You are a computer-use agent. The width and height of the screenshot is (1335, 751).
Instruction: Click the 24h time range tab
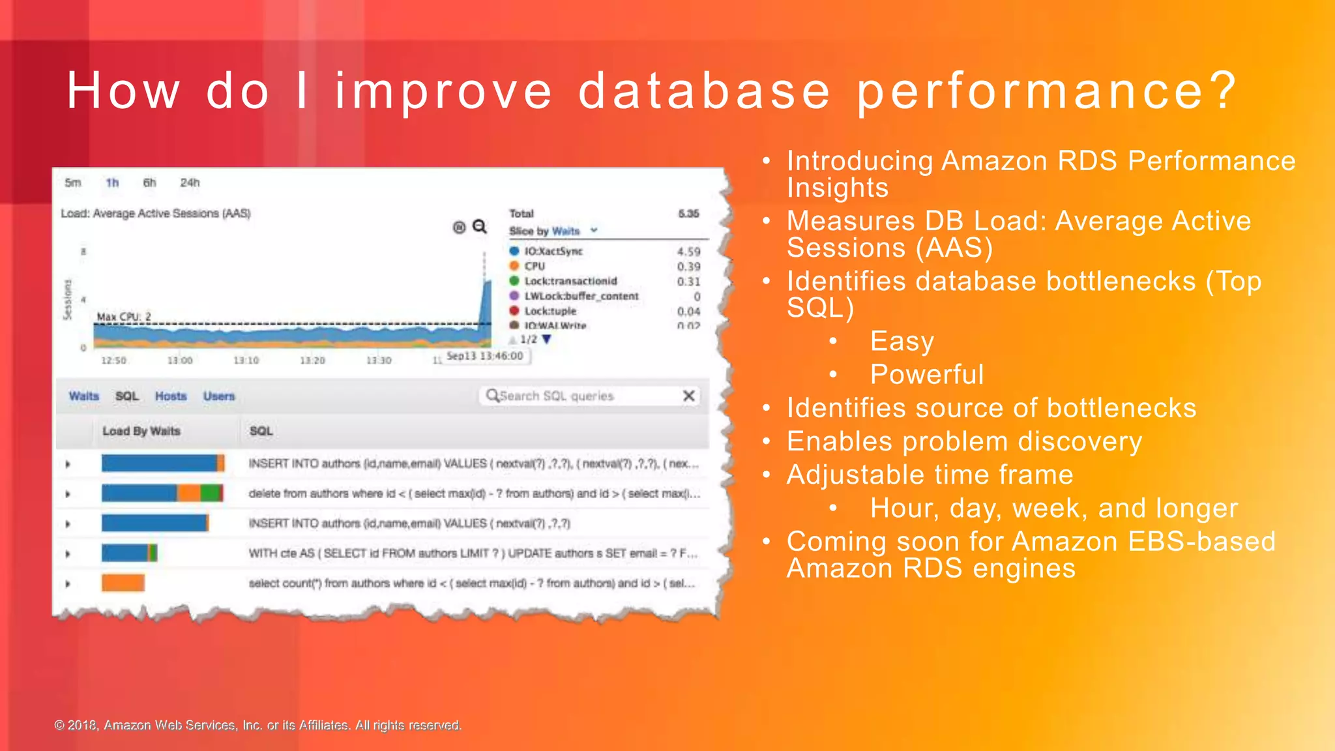(x=190, y=183)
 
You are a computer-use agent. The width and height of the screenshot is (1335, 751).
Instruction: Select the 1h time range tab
(x=112, y=183)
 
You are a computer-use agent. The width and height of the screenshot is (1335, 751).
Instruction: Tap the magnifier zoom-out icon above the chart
(x=480, y=226)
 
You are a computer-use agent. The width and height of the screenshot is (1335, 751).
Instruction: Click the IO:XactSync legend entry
(x=553, y=251)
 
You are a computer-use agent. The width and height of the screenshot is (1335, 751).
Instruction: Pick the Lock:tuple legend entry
(x=550, y=311)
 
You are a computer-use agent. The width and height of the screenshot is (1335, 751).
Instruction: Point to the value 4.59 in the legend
(x=688, y=252)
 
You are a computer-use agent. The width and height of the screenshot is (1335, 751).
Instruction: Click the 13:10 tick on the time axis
(x=246, y=361)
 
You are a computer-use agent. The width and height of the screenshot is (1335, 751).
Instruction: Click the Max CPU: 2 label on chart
(x=124, y=317)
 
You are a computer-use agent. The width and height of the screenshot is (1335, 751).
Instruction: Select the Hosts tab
(x=171, y=396)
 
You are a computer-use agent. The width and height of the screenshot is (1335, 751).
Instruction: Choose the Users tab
(x=218, y=396)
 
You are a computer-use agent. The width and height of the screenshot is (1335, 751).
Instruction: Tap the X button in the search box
(x=688, y=396)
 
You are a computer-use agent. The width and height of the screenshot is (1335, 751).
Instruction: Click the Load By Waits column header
(x=141, y=431)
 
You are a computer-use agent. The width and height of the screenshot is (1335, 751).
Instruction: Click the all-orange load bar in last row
(x=123, y=583)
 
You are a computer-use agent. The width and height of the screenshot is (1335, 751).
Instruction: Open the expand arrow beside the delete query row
(x=68, y=494)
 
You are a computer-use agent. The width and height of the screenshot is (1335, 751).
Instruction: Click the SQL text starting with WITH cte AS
(x=472, y=553)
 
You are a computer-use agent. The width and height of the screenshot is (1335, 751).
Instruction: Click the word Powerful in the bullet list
(x=926, y=375)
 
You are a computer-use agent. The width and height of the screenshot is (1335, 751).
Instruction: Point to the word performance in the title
(x=1046, y=91)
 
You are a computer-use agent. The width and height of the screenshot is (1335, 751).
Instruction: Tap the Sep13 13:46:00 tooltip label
(x=484, y=356)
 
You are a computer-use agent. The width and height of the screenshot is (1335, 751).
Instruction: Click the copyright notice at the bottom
(x=257, y=725)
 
